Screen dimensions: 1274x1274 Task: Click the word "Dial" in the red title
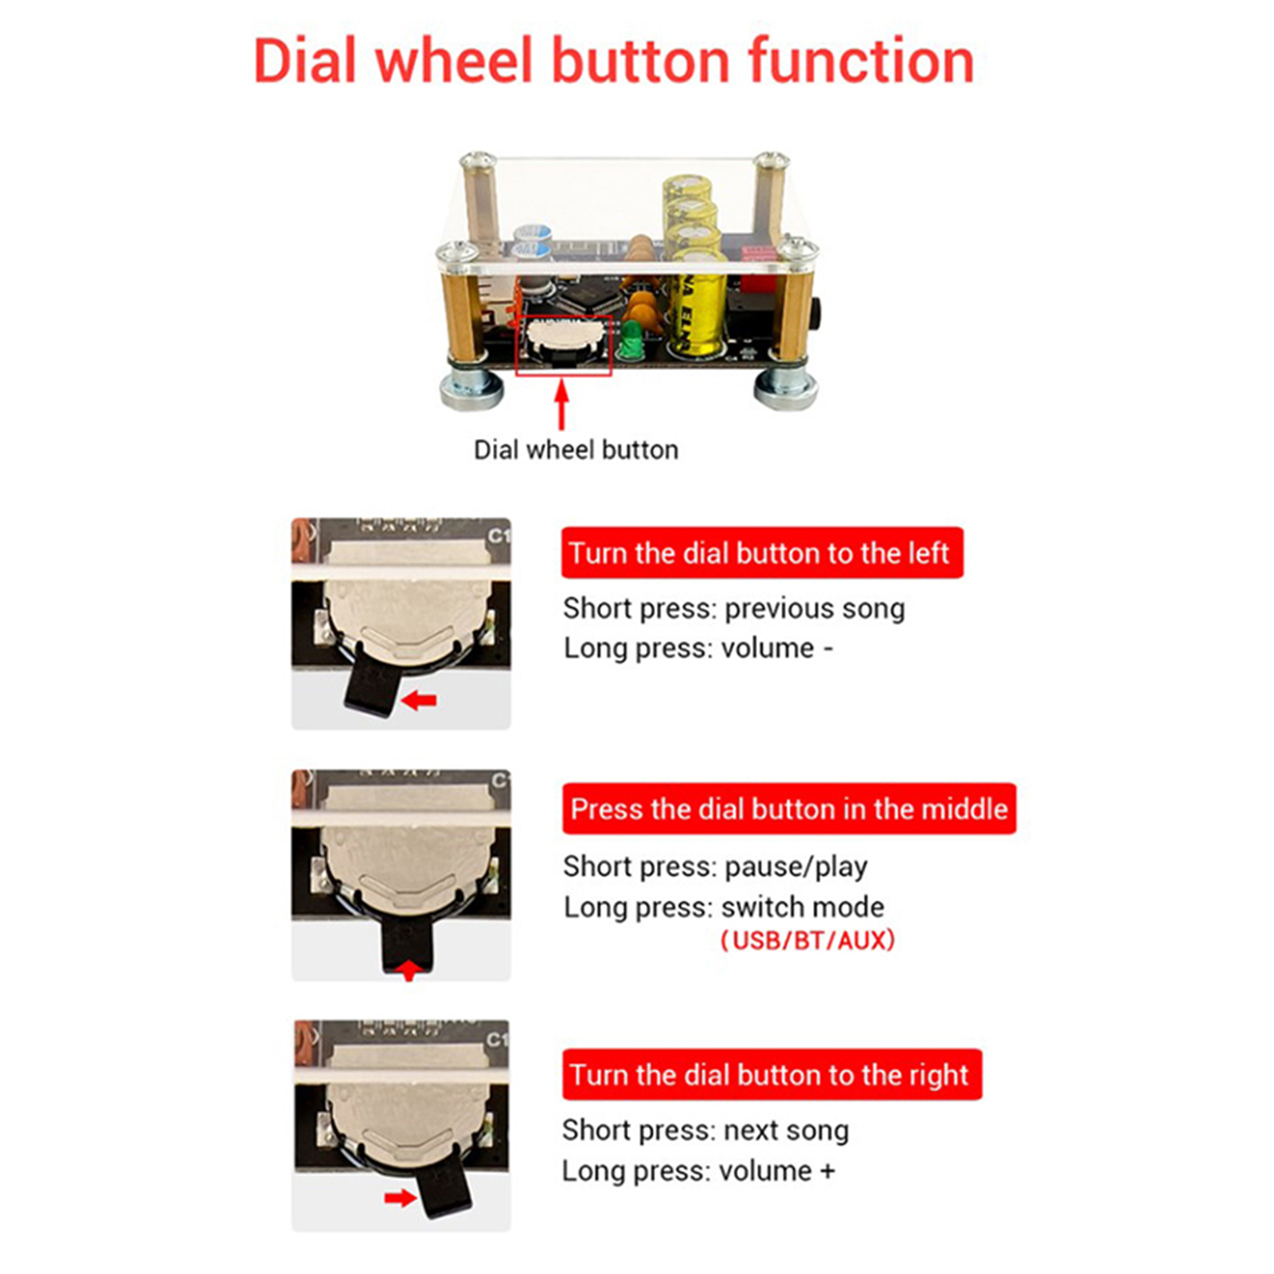point(304,61)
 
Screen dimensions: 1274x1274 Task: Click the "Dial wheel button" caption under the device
point(576,450)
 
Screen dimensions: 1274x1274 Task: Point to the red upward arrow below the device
point(562,405)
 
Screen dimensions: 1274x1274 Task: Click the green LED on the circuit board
point(633,340)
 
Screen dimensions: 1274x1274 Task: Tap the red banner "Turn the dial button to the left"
point(762,553)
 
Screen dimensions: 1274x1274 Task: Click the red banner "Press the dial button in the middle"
point(789,809)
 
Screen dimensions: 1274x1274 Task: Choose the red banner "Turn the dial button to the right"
point(772,1075)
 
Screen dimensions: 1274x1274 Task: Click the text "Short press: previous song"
point(734,608)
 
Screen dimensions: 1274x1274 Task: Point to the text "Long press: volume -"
point(698,648)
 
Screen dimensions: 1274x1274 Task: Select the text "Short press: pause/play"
point(715,866)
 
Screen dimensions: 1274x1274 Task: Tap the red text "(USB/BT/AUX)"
point(807,940)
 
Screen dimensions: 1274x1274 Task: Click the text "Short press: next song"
point(705,1131)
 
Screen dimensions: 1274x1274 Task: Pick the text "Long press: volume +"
point(698,1171)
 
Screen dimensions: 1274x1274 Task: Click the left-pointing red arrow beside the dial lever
point(419,701)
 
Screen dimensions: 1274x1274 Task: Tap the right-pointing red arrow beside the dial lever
point(400,1198)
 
